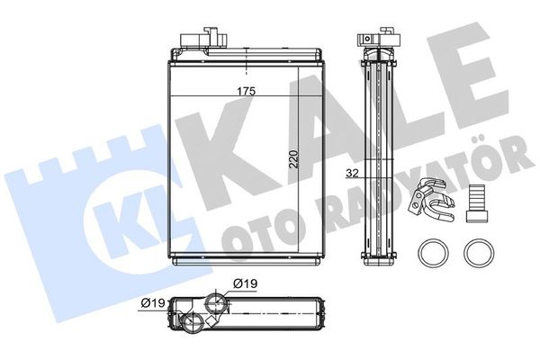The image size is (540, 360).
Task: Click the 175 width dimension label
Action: pyautogui.click(x=246, y=91)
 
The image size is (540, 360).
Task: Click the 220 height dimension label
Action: pyautogui.click(x=293, y=159)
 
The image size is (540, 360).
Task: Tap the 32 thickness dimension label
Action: pyautogui.click(x=352, y=174)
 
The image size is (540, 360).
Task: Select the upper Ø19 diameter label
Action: pyautogui.click(x=245, y=283)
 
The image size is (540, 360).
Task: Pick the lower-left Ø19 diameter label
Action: pyautogui.click(x=154, y=303)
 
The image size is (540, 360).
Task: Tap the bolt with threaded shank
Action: pyautogui.click(x=477, y=202)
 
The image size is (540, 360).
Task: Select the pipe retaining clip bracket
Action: pyautogui.click(x=431, y=199)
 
